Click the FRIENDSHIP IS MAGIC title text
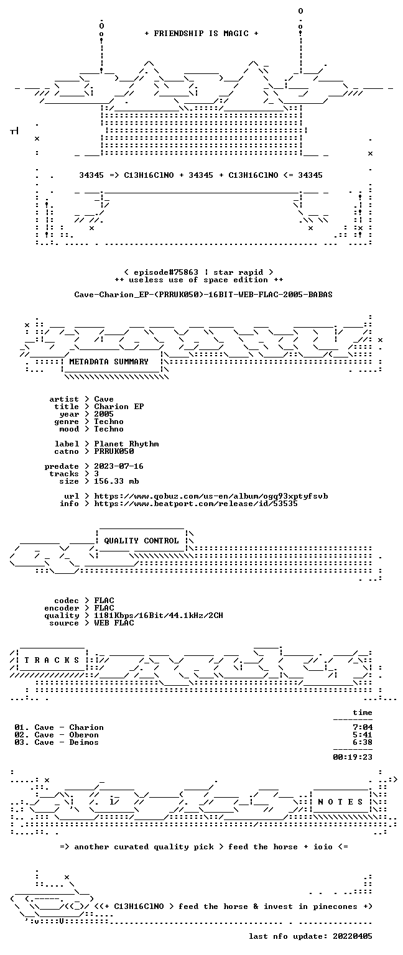pos(201,33)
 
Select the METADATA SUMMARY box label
pos(109,361)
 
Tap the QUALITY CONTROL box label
pos(141,540)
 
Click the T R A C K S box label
pos(52,660)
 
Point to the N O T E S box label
pos(340,802)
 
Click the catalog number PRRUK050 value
pos(114,451)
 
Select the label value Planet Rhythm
pos(126,444)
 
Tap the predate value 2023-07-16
pos(119,466)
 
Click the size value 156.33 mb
pos(116,481)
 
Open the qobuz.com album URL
pos(211,496)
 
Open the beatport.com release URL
pos(196,504)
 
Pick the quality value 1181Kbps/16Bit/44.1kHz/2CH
pos(159,615)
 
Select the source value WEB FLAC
pos(114,622)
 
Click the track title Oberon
pos(84,734)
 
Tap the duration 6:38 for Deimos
pos(363,742)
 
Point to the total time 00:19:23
pos(353,757)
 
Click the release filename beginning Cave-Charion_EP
pos(203,295)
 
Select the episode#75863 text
pos(166,272)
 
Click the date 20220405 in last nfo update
pos(353,936)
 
